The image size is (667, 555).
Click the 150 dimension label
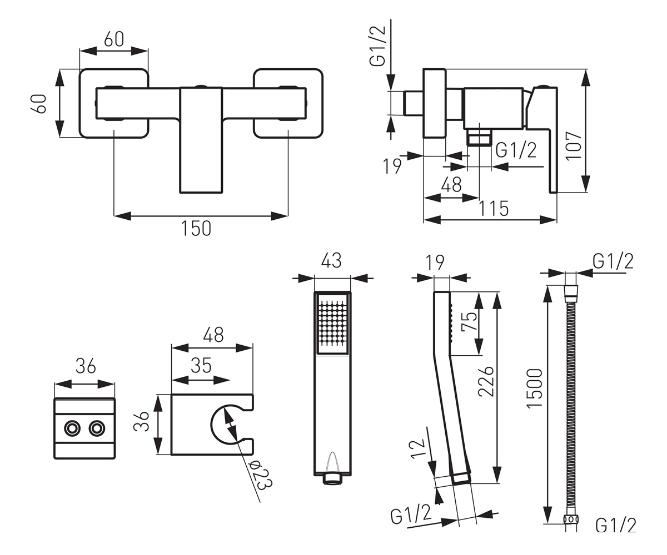click(x=196, y=228)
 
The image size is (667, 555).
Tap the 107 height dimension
click(x=574, y=146)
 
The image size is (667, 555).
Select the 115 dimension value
click(x=494, y=209)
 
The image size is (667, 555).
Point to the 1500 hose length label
click(x=534, y=388)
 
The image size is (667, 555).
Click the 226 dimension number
click(x=486, y=382)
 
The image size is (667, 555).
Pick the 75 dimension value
click(x=469, y=321)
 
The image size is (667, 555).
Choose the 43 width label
click(x=331, y=260)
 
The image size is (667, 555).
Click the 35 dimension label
click(x=201, y=365)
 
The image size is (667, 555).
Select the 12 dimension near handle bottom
click(x=418, y=449)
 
